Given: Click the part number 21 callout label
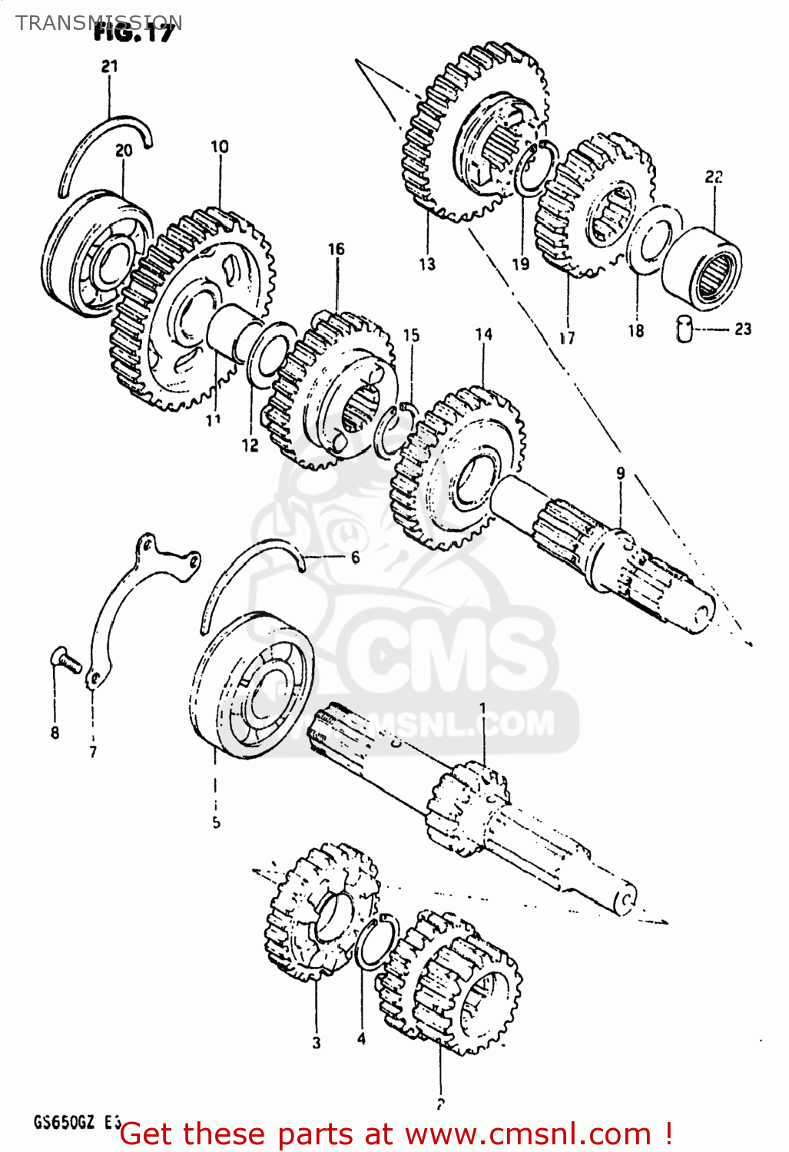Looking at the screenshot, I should point(110,67).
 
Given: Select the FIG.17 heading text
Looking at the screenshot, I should point(134,32).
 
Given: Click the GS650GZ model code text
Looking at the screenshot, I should point(65,1123).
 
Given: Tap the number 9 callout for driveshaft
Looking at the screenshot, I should point(621,474).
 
